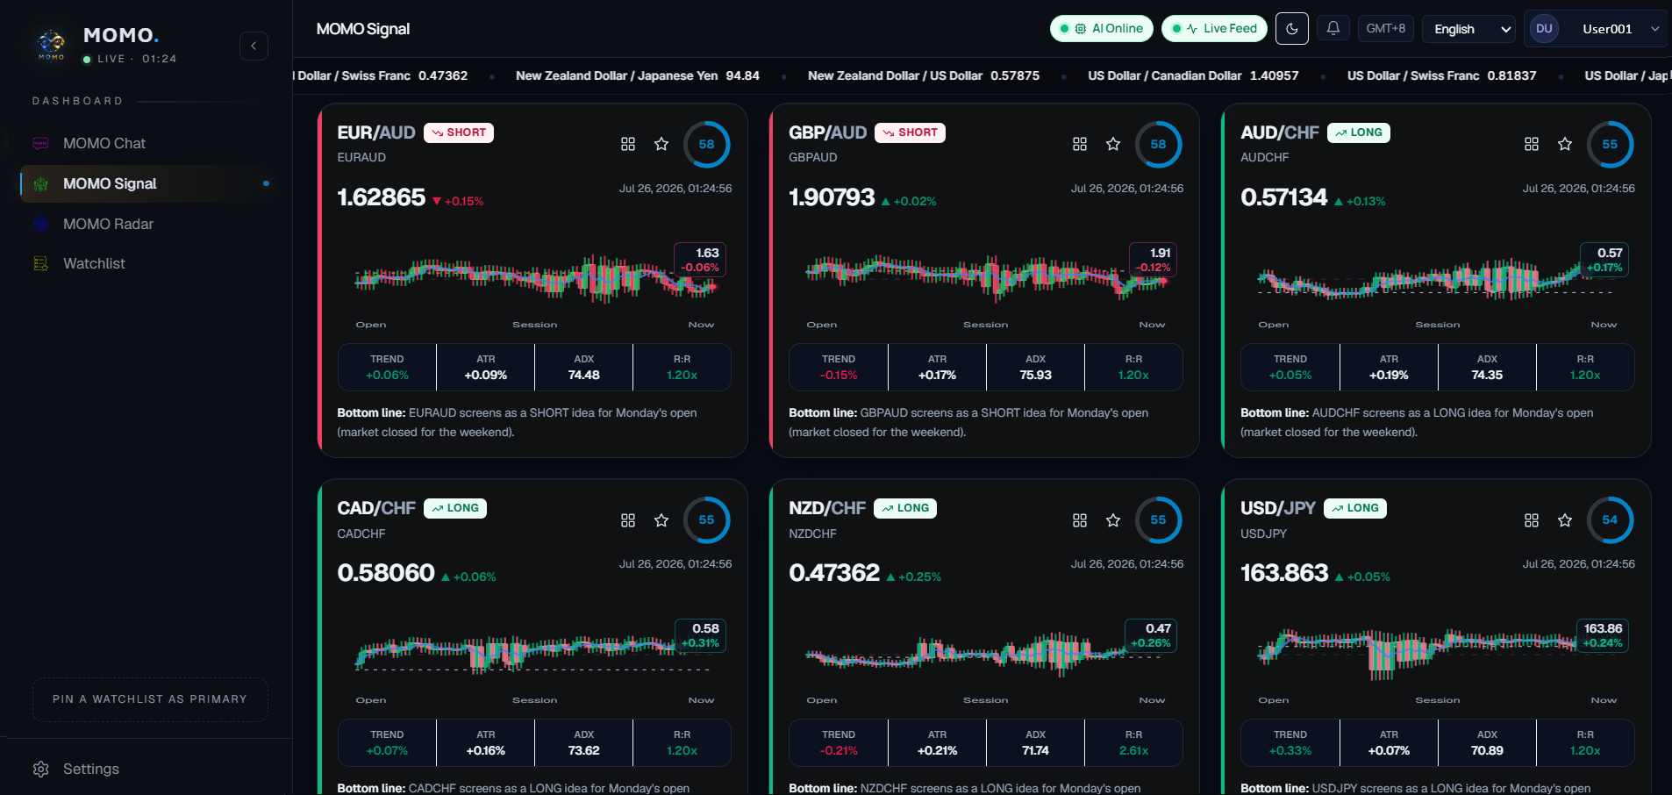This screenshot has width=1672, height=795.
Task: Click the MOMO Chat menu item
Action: click(104, 143)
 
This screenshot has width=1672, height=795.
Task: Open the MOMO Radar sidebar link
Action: click(108, 224)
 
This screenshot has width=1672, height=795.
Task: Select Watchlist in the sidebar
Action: click(94, 263)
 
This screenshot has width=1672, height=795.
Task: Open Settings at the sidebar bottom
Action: click(90, 769)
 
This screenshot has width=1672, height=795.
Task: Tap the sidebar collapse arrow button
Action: click(254, 46)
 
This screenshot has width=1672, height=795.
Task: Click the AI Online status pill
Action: click(1103, 29)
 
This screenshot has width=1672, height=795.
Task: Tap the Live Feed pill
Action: click(1214, 29)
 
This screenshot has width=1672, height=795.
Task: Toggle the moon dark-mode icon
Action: click(1292, 29)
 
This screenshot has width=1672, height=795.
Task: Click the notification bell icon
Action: click(1333, 29)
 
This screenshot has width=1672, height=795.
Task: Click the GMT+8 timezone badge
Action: click(1386, 29)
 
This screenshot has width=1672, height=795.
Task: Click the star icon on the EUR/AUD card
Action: click(661, 144)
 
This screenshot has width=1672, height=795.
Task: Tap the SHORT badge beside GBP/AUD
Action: click(910, 132)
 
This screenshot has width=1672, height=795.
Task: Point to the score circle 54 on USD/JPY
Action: click(1610, 520)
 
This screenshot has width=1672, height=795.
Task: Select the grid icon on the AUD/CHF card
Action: click(1532, 144)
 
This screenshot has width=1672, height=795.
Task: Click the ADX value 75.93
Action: click(1035, 375)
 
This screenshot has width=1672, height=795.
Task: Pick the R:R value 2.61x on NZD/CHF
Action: click(1133, 750)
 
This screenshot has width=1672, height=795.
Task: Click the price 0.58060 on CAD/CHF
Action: click(386, 573)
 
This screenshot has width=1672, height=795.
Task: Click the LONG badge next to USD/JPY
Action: click(1355, 508)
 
